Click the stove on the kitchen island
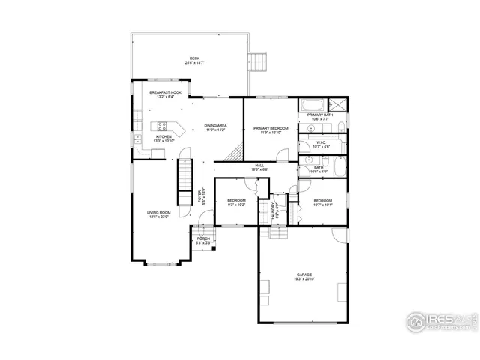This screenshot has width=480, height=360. click(x=162, y=126)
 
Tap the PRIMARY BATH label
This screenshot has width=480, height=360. click(x=319, y=116)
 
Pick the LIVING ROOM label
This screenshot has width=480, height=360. click(x=158, y=214)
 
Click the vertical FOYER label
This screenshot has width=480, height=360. click(x=200, y=196)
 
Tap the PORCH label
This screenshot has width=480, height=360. click(x=203, y=240)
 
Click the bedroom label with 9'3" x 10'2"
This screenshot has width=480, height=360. click(x=237, y=202)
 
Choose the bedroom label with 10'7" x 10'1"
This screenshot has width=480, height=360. click(x=323, y=202)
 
